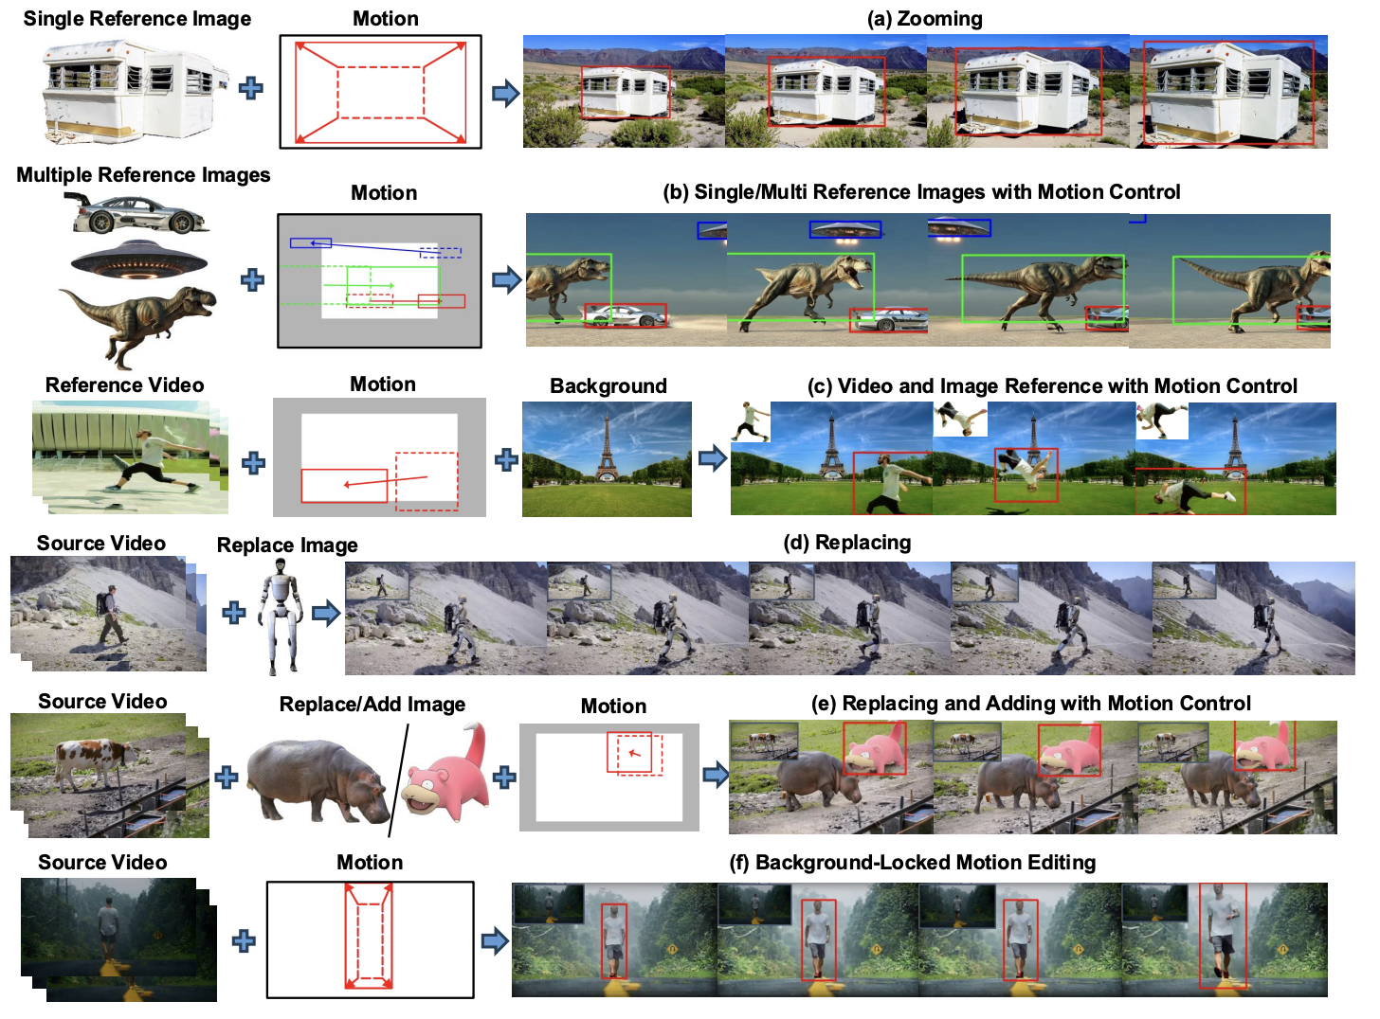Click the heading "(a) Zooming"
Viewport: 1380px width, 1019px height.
click(x=924, y=19)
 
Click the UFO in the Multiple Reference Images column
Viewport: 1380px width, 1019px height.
click(x=138, y=259)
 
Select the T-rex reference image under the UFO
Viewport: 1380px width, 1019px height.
click(x=138, y=325)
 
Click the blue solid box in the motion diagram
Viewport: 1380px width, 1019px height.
click(x=311, y=242)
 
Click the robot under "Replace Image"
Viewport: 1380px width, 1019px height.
click(x=281, y=617)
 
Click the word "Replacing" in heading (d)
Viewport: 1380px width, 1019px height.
click(x=862, y=542)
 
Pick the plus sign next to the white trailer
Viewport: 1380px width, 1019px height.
click(x=251, y=88)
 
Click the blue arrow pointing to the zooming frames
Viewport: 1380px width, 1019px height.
click(x=505, y=93)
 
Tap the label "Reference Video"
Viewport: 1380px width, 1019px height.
click(x=124, y=384)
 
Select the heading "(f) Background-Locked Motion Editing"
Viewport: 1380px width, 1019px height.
click(x=912, y=863)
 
